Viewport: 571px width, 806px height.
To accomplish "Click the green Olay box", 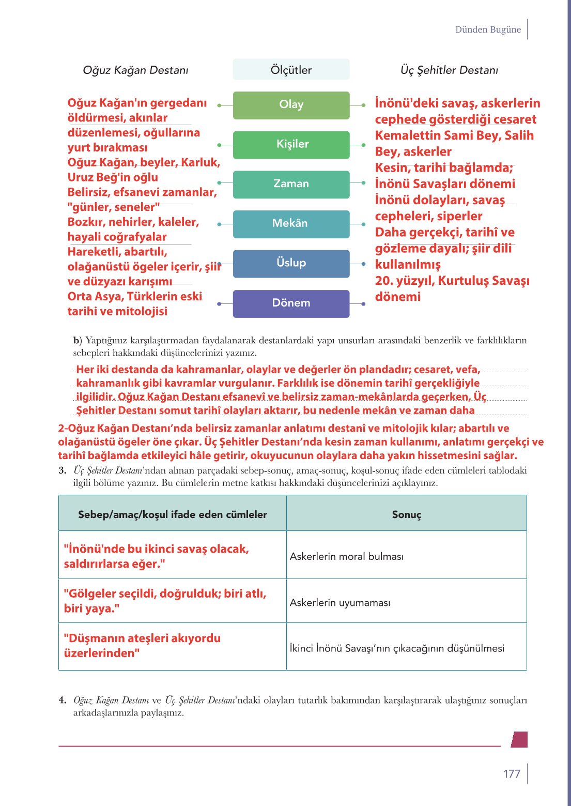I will (291, 105).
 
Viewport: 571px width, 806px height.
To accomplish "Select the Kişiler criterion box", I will (291, 144).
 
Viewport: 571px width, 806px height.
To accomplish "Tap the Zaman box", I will (291, 184).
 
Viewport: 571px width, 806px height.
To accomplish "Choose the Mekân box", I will (291, 224).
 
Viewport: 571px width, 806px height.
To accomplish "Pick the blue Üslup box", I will (291, 263).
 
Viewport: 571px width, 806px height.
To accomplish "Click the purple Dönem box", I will (291, 303).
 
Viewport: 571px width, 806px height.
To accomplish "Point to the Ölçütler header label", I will (291, 70).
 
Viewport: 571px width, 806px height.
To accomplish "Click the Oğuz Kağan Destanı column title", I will (135, 70).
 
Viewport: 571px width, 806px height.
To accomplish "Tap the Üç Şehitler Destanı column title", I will (449, 70).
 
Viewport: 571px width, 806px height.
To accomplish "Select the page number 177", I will (512, 773).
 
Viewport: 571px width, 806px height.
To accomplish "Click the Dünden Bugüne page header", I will (488, 29).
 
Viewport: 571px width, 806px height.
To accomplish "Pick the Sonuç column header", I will (407, 514).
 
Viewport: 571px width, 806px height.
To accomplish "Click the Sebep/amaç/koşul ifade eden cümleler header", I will (173, 514).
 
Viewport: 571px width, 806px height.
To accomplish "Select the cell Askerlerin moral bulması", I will (347, 556).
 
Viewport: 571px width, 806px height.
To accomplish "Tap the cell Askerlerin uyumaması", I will (340, 602).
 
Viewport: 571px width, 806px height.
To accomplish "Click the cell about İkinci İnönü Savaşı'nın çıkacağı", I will (397, 648).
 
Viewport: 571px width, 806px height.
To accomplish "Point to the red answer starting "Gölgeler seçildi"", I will (165, 601).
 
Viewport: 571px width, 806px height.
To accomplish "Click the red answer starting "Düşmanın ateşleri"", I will (142, 645).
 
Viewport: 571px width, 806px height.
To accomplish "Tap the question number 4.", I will (62, 701).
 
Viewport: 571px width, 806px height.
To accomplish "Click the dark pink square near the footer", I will (519, 739).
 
